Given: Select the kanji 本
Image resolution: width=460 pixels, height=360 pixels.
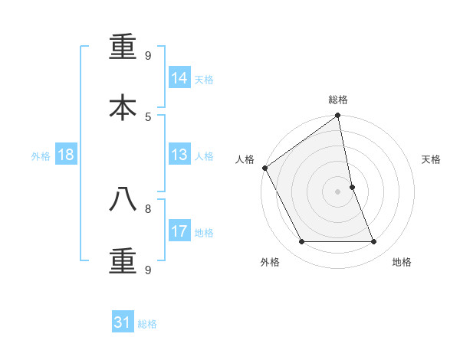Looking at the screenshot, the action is point(123,107).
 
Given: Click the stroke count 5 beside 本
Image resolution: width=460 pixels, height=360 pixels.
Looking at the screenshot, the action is point(148,116).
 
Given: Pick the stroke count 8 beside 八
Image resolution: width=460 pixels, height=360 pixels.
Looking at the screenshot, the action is point(148,208).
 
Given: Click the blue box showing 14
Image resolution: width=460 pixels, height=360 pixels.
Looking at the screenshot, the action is point(179,78).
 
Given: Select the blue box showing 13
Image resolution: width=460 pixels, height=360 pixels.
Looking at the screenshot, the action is point(179,155).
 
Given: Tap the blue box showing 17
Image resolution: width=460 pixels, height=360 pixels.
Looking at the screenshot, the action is point(179,231).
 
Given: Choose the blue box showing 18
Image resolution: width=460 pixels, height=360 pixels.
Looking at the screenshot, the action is point(66,155).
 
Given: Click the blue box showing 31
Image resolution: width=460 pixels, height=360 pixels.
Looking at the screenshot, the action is point(123,322).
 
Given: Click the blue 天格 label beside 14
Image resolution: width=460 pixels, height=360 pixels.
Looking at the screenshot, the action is point(204,80).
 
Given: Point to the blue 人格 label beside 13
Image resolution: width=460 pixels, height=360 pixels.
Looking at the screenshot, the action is point(204,156).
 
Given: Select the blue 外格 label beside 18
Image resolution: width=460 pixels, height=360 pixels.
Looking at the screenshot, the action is point(41,156).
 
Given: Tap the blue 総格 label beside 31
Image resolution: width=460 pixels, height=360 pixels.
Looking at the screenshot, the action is point(147,324).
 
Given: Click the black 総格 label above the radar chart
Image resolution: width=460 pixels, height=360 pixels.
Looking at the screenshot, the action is point(338,100).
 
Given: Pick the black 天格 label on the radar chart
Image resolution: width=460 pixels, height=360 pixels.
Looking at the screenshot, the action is point(432,159).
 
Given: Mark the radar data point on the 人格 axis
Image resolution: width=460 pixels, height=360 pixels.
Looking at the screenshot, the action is point(264,168).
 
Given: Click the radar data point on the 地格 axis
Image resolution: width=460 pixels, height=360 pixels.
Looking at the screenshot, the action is point(374,242).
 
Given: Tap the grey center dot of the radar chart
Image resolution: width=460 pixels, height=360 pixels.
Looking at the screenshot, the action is point(338,191).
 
